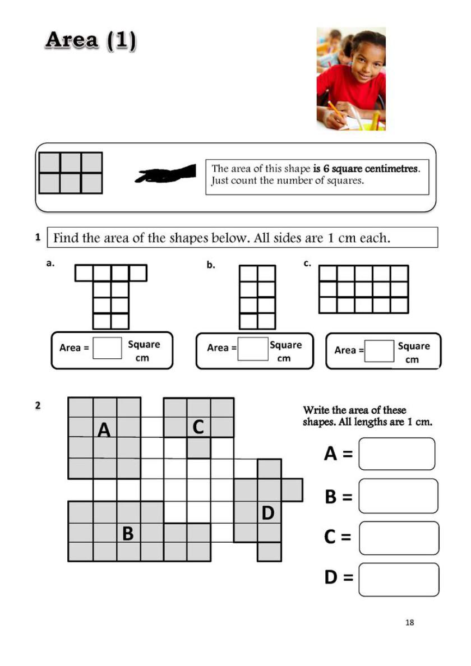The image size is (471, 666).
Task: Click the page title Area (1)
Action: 91,40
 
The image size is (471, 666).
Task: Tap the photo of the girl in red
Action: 351,79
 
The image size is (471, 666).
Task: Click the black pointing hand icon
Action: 166,173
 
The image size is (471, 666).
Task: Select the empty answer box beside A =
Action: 396,454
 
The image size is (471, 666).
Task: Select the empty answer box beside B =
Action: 398,496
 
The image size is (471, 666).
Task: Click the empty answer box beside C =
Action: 399,538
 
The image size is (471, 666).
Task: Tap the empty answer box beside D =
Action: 399,579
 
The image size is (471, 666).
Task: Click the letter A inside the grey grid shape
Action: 104,430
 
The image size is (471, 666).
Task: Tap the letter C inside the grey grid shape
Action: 198,427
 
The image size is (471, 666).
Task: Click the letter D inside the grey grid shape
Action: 268,512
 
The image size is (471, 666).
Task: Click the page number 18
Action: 409,622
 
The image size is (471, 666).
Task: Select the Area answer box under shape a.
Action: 107,348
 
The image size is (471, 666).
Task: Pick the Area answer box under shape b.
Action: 252,348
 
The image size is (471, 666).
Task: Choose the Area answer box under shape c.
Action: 379,351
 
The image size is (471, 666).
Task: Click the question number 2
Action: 38,405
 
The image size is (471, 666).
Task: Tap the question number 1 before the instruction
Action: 38,237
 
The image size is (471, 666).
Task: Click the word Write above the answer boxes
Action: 316,410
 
